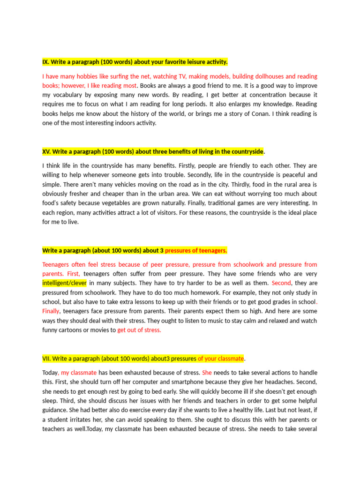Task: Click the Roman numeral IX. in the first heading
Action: click(x=46, y=62)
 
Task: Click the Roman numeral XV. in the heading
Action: click(x=46, y=151)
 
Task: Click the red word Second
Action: click(x=281, y=283)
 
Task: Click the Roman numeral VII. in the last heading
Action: click(x=46, y=359)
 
